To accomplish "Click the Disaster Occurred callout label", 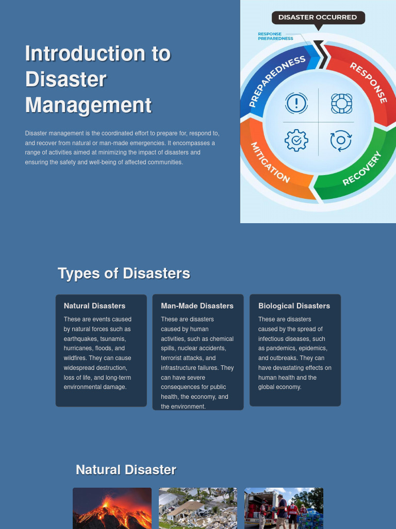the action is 318,18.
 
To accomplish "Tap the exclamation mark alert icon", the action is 296,103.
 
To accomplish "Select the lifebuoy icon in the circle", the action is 341,103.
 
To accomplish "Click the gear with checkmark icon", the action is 296,141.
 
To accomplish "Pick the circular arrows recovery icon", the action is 341,141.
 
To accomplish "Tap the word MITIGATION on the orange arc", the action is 270,162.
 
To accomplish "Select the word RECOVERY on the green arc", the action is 362,168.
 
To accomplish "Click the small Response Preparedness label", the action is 275,36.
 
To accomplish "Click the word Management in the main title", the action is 88,105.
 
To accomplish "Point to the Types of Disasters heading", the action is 124,273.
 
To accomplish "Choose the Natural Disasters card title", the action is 94,306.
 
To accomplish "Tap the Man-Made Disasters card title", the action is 197,306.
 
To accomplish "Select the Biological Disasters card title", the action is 294,306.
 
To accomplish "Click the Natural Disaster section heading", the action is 126,470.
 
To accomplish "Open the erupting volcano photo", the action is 112,508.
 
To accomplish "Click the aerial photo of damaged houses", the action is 198,508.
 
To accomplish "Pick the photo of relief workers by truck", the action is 284,508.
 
